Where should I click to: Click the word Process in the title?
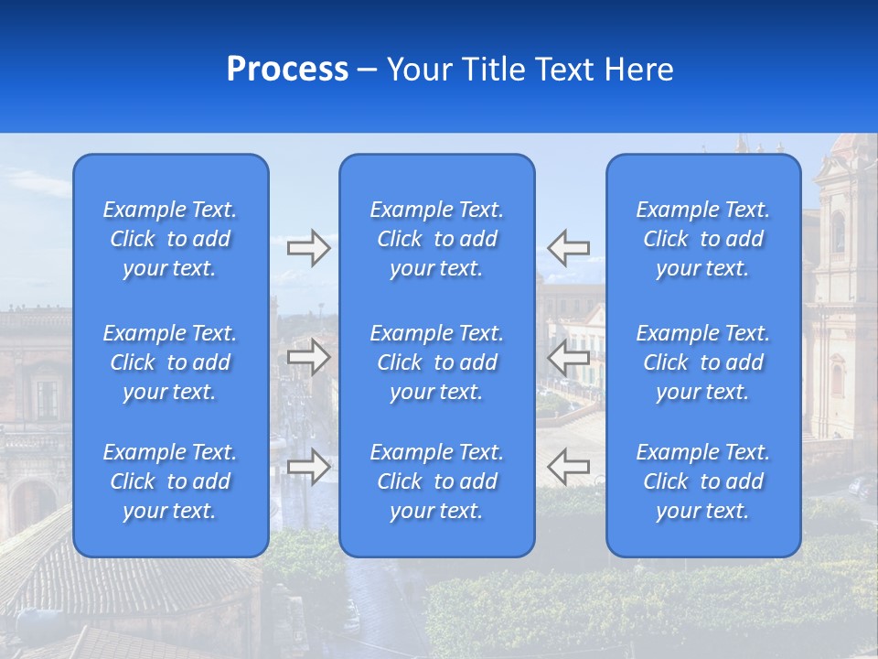[x=287, y=70]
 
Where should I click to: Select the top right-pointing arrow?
[x=308, y=248]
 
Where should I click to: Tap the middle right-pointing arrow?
[x=308, y=357]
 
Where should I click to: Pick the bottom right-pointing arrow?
[x=308, y=467]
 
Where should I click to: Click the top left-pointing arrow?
[x=569, y=248]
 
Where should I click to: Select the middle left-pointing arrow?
[x=569, y=357]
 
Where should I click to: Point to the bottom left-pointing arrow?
[x=569, y=467]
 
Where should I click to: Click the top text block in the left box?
[x=170, y=239]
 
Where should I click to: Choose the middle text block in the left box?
[x=170, y=362]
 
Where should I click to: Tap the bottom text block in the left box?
[x=170, y=481]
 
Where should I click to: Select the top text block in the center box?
[x=436, y=239]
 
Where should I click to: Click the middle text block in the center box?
[x=436, y=362]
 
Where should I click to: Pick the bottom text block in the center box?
[x=436, y=481]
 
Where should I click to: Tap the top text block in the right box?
[x=702, y=239]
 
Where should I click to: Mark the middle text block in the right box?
[x=702, y=362]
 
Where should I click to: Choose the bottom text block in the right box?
[x=702, y=481]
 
